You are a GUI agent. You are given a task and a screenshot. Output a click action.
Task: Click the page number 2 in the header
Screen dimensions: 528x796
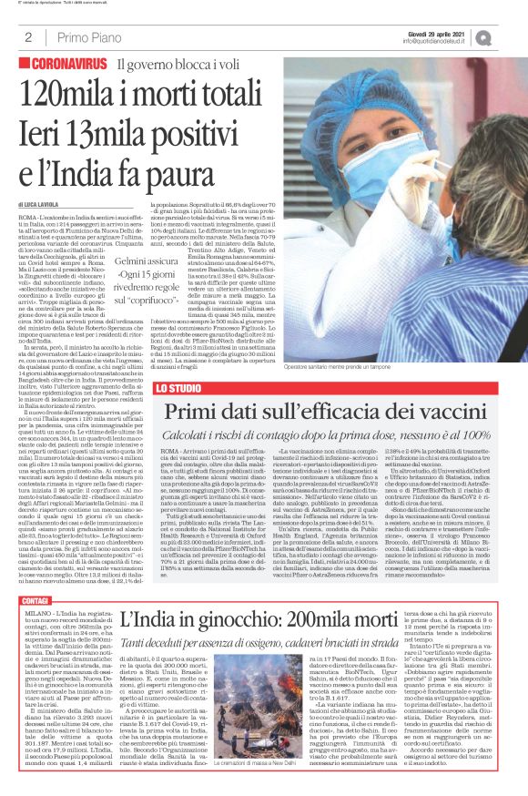point(28,36)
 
